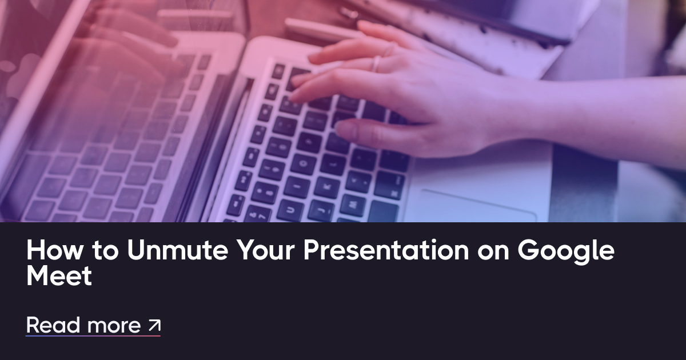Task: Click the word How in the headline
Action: point(54,250)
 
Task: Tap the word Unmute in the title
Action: point(178,250)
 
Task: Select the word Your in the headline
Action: point(265,250)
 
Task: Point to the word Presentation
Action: point(386,250)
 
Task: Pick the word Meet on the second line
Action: point(59,276)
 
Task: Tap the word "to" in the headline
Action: point(105,250)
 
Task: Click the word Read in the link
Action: point(53,325)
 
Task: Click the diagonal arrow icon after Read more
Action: point(154,325)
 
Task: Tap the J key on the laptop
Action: point(321,210)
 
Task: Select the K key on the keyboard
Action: point(327,187)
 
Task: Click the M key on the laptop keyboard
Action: point(352,205)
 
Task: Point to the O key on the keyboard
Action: point(303,164)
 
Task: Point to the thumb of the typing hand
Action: point(377,132)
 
